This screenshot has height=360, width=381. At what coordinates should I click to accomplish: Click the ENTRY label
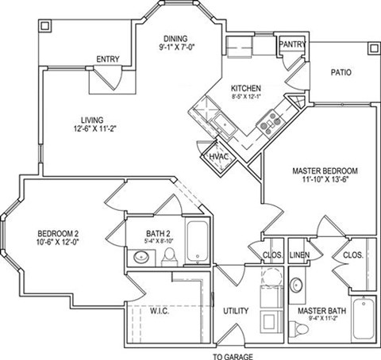106,59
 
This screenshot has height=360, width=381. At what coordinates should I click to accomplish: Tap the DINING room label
175,37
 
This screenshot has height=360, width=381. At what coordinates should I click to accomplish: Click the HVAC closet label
220,157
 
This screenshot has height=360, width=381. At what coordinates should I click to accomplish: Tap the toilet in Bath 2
169,257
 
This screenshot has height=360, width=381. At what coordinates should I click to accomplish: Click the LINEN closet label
298,255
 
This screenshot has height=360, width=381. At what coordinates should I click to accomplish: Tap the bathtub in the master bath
364,320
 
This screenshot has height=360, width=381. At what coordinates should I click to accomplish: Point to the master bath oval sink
296,284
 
